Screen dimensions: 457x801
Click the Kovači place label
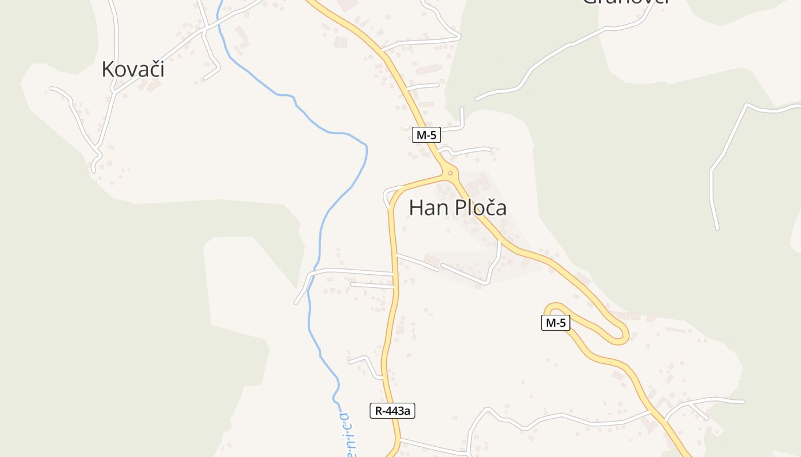tap(133, 69)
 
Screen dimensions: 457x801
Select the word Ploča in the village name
tap(481, 208)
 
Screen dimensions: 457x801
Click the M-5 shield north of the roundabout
tap(426, 135)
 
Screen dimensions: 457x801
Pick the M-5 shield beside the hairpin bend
tap(556, 323)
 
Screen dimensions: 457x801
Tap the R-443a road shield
tap(392, 410)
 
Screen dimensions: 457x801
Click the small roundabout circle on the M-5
tap(450, 173)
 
